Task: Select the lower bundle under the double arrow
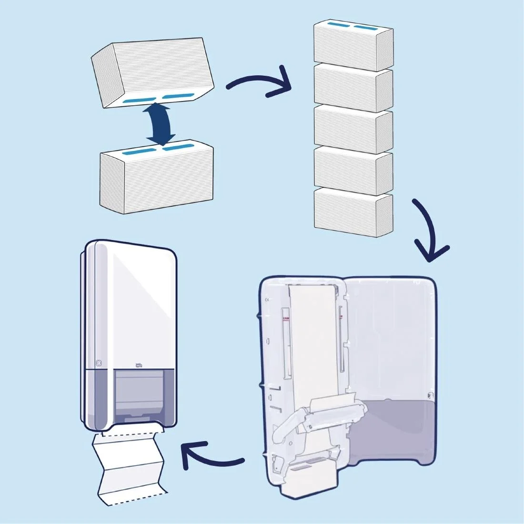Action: coord(157,181)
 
